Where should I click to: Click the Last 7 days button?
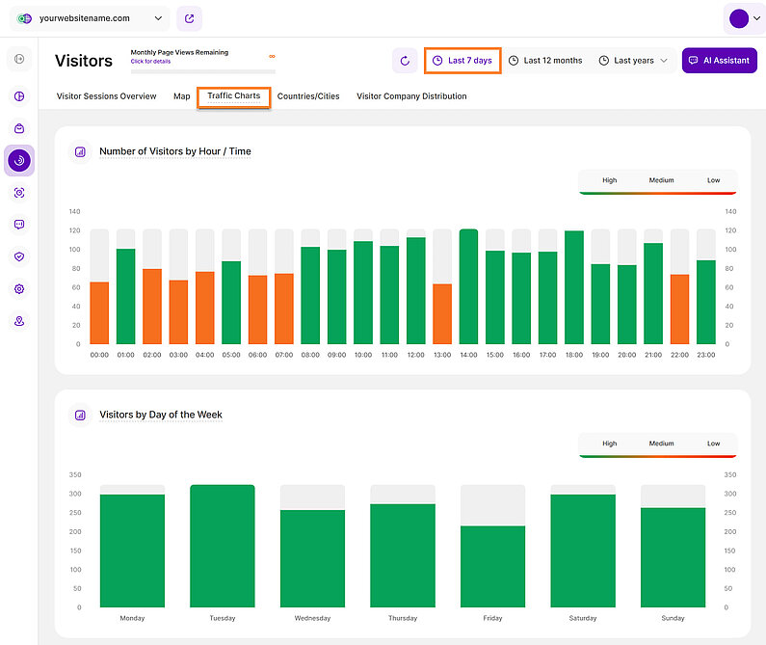point(462,61)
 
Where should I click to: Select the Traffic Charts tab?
point(233,96)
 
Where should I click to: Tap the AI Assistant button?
point(719,61)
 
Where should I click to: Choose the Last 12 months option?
point(545,61)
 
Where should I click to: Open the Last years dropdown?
point(633,61)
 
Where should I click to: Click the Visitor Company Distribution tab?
point(411,96)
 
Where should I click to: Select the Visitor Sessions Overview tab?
point(106,96)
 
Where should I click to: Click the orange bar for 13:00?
point(442,314)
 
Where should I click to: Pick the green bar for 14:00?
point(468,287)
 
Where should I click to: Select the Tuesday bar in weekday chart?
point(222,547)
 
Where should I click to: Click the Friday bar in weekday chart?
point(492,567)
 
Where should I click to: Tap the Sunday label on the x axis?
point(673,618)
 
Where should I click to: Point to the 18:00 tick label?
point(574,355)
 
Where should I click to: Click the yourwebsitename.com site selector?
point(91,18)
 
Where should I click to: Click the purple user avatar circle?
point(739,18)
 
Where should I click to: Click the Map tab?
point(181,96)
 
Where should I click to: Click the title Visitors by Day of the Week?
point(161,415)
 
